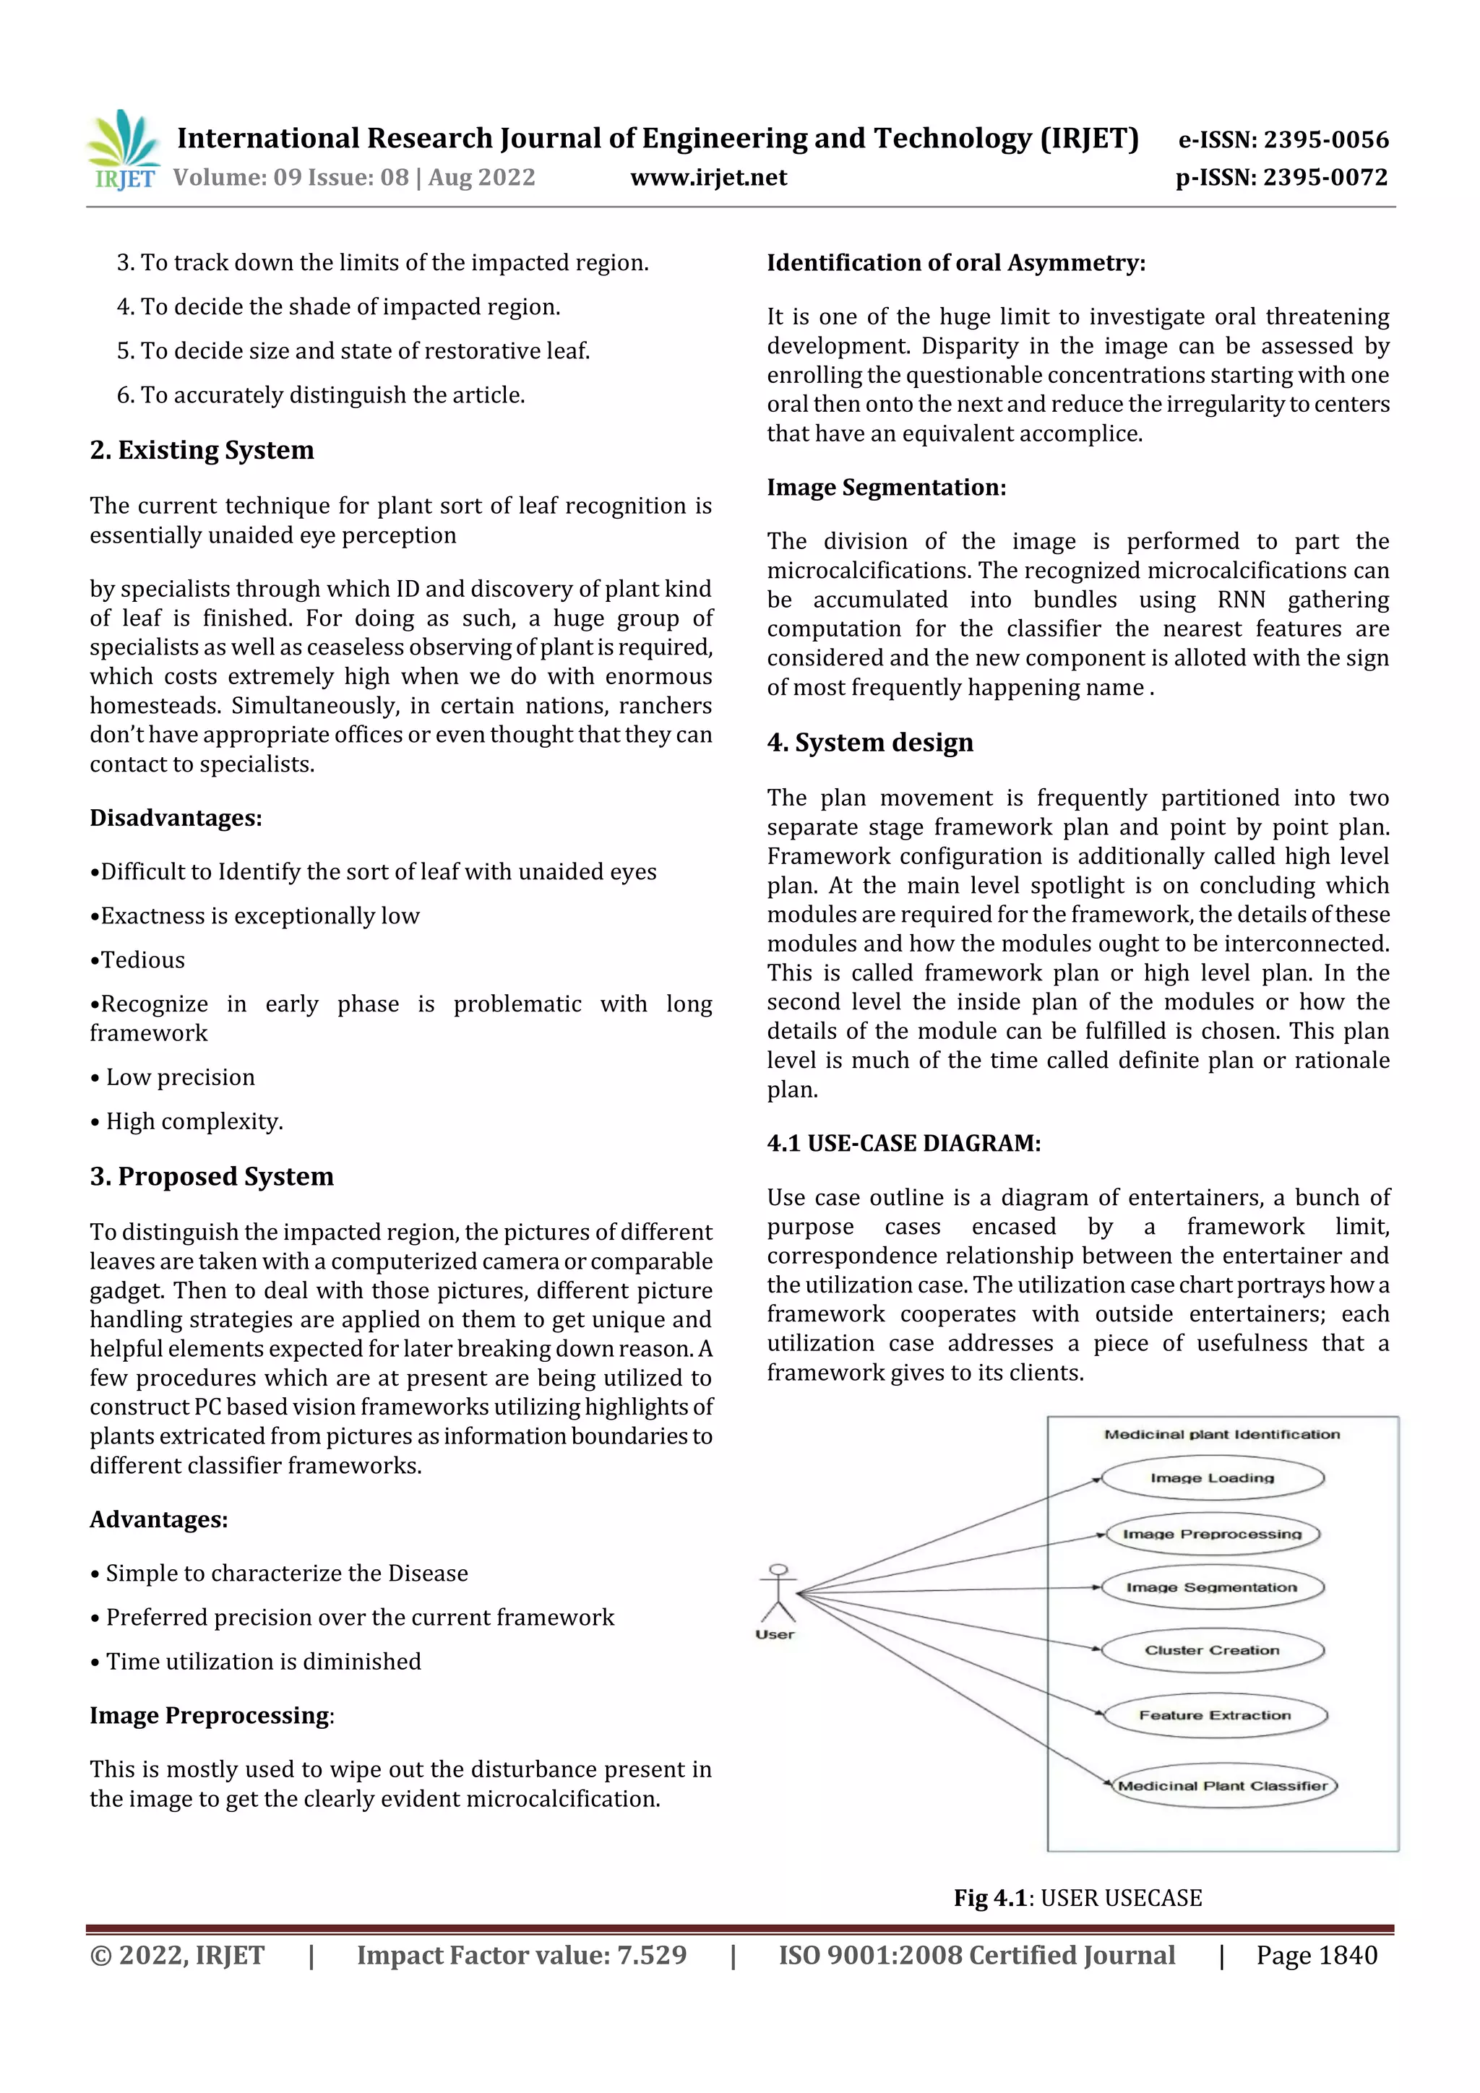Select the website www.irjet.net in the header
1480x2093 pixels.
[x=708, y=178]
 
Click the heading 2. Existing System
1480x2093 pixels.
[x=202, y=450]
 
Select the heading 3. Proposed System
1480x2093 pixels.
[x=212, y=1177]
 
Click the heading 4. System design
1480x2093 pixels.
[x=870, y=743]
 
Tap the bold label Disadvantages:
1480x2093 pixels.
[x=175, y=819]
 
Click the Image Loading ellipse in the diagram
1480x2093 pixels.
[x=1212, y=1477]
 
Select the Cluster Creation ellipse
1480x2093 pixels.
[x=1212, y=1650]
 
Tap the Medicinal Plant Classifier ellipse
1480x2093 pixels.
[x=1222, y=1786]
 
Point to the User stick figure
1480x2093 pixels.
[x=778, y=1595]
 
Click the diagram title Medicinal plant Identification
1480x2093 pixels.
[x=1222, y=1434]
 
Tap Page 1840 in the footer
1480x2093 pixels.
[x=1317, y=1954]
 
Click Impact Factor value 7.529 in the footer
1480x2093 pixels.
[x=522, y=1954]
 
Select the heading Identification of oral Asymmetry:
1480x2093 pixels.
[x=955, y=264]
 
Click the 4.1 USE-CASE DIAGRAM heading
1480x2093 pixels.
[x=904, y=1143]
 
